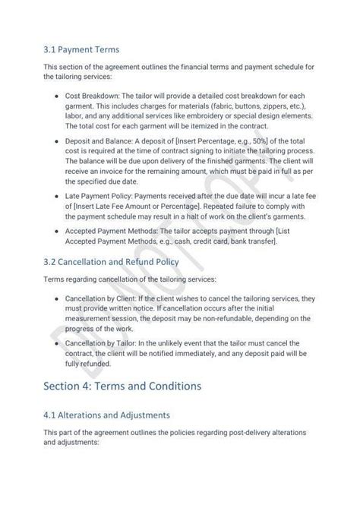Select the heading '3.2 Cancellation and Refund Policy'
click(x=112, y=262)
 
